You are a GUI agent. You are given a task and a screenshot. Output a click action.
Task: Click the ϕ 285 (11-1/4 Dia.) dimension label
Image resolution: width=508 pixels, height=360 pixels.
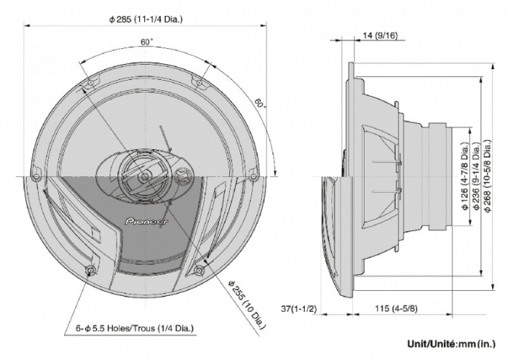pos(146,19)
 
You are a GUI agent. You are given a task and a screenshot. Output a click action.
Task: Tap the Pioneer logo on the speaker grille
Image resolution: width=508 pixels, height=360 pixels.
pos(146,222)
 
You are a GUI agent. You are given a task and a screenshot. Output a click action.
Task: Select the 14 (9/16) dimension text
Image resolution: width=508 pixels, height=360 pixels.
pos(380,35)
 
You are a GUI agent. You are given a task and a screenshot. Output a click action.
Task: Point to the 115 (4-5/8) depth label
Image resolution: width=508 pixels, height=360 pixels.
pos(396,309)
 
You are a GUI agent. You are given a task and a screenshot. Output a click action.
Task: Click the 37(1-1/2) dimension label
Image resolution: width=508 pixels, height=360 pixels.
pos(298,309)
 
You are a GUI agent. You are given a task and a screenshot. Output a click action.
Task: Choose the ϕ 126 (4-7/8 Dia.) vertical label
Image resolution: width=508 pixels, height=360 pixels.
pos(465,176)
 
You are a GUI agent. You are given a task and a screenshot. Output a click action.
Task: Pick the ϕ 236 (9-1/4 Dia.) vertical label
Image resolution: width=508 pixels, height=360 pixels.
pos(476,176)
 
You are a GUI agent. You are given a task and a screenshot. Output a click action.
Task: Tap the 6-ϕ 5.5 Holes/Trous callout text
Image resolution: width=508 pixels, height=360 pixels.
pos(135,328)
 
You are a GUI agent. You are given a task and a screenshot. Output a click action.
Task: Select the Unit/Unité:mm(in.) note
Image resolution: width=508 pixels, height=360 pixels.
pos(451,343)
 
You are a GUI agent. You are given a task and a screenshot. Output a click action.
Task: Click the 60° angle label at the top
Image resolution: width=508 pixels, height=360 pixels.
pos(147,42)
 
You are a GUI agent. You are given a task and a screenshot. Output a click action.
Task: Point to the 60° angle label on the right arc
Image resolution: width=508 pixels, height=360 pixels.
pos(260,103)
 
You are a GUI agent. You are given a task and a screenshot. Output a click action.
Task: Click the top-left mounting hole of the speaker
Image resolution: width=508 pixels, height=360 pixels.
pos(91,83)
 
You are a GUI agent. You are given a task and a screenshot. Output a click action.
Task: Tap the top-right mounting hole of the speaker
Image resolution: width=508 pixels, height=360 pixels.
pos(200,83)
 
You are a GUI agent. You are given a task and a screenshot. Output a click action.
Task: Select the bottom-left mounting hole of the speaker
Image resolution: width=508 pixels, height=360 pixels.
pos(90,270)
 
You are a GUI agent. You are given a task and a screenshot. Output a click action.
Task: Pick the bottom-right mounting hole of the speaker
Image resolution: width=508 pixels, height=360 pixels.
pos(200,270)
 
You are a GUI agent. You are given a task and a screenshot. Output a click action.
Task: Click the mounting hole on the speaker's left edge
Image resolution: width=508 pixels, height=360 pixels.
pos(36,177)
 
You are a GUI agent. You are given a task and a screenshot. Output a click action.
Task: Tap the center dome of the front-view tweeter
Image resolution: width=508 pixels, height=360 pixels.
pos(144,177)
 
